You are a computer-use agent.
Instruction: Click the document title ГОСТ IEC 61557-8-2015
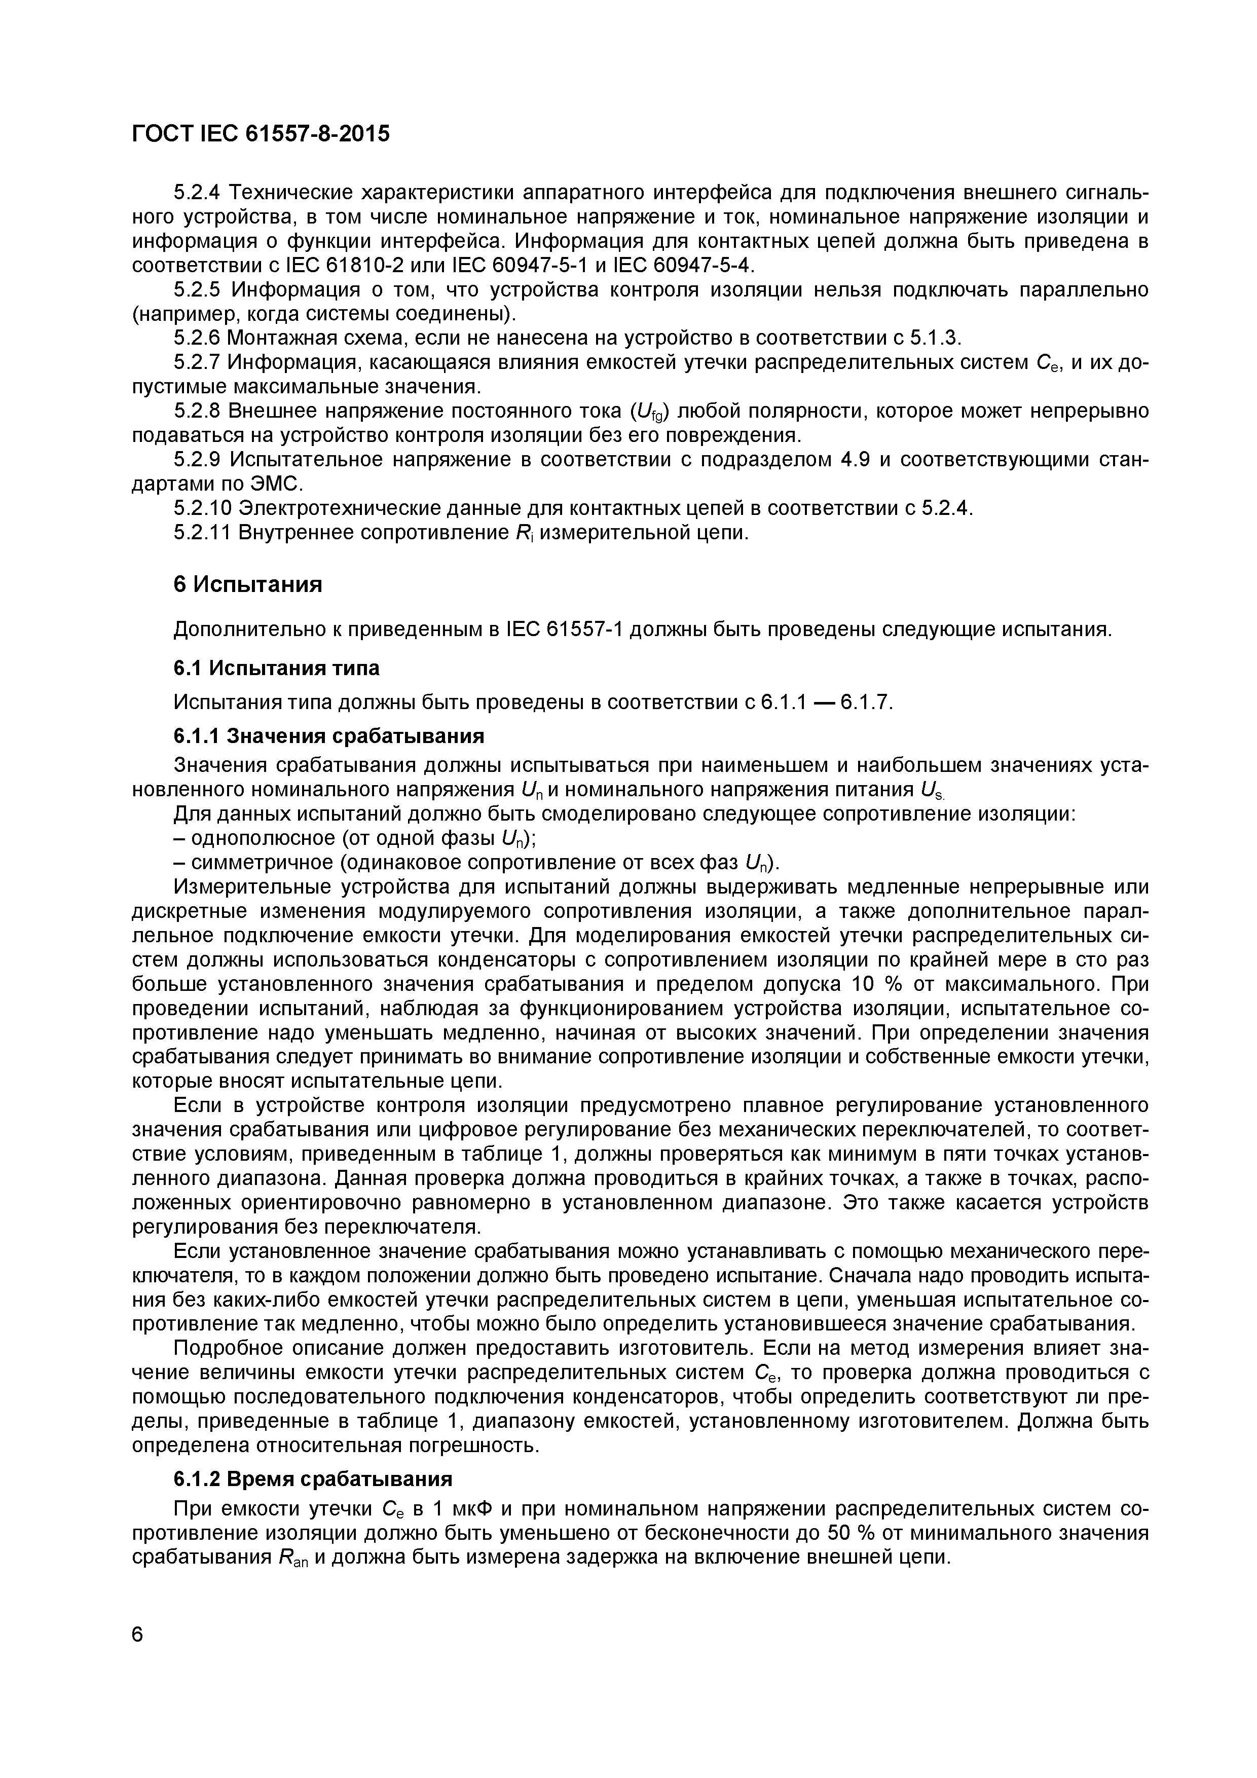(x=261, y=134)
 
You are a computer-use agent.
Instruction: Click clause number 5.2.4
(x=198, y=192)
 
